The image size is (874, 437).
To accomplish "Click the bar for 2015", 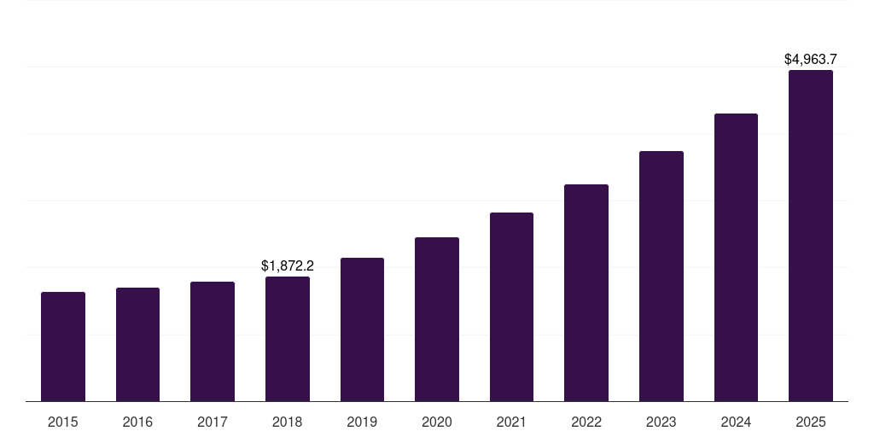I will point(63,347).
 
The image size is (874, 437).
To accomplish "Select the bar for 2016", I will point(137,344).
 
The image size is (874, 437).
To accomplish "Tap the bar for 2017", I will point(213,341).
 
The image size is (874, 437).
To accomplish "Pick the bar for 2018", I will point(288,339).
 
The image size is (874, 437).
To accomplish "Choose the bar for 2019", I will point(362,329).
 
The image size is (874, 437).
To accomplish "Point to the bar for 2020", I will point(437,319).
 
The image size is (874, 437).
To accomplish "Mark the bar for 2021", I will point(511,306).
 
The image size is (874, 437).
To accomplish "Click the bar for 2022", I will point(586,293).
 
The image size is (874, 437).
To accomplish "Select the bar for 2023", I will point(661,276).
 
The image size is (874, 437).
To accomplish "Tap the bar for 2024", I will point(736,257).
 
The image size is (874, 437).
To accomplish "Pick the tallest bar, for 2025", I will point(811,236).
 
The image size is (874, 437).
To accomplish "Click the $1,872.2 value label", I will point(288,266).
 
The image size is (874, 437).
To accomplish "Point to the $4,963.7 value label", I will point(811,60).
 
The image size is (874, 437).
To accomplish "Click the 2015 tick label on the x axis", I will point(63,422).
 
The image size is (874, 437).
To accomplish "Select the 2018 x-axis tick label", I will point(288,422).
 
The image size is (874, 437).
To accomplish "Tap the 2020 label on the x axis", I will point(437,422).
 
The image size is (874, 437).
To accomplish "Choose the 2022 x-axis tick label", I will point(586,422).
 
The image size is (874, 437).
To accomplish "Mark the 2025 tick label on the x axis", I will point(811,422).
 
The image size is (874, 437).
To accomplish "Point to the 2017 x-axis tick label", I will point(213,422).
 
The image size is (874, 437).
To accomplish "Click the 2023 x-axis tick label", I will point(661,422).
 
